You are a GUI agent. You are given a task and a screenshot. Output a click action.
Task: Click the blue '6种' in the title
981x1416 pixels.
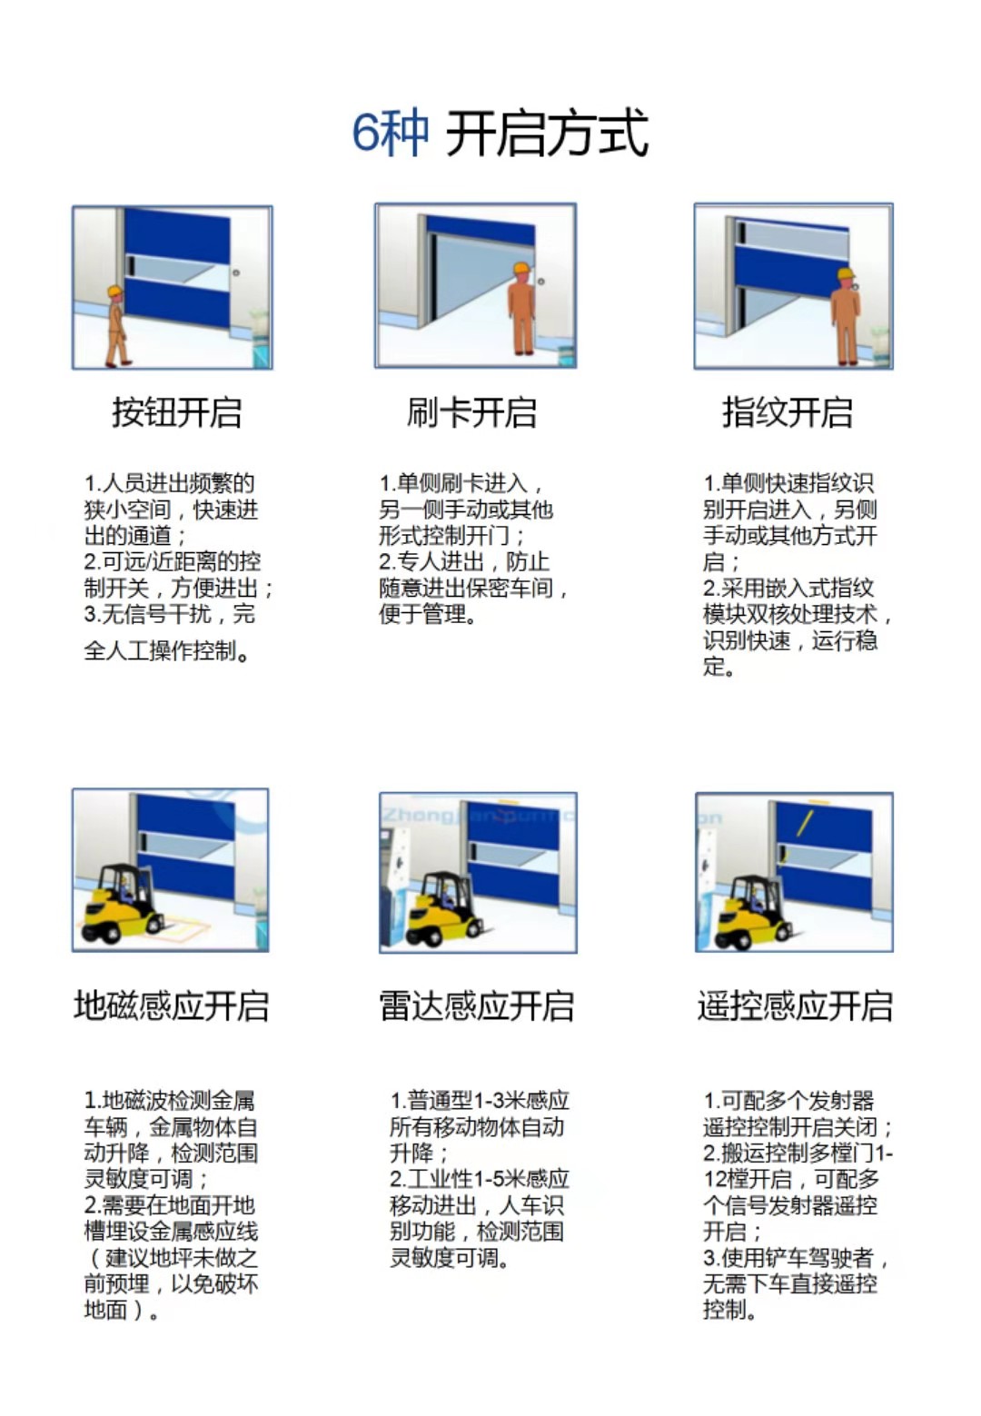(390, 134)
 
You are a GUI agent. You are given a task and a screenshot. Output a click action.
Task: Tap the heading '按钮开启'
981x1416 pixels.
(177, 412)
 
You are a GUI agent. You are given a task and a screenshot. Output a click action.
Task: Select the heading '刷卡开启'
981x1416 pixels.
(471, 412)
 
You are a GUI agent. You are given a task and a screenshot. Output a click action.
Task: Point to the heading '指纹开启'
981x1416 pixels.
(788, 412)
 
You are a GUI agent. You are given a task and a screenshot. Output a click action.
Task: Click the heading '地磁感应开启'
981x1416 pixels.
(172, 1005)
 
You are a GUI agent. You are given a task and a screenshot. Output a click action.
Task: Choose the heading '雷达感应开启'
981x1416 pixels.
(477, 1005)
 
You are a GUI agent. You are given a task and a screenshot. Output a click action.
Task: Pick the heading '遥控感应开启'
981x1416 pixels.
(795, 1005)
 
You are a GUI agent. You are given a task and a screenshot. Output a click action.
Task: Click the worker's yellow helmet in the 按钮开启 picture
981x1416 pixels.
(115, 292)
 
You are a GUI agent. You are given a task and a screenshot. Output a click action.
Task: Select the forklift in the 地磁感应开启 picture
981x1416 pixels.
(122, 905)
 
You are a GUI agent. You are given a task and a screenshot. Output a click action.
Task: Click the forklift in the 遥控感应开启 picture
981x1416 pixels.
(753, 912)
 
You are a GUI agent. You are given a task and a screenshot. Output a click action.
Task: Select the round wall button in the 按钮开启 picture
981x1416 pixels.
(236, 272)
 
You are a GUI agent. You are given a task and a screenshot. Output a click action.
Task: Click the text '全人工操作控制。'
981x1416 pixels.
(167, 650)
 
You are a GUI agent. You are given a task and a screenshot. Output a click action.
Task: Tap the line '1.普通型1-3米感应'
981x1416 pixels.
(480, 1101)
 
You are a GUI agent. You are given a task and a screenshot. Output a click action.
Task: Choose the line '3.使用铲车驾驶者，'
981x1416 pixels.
(797, 1257)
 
